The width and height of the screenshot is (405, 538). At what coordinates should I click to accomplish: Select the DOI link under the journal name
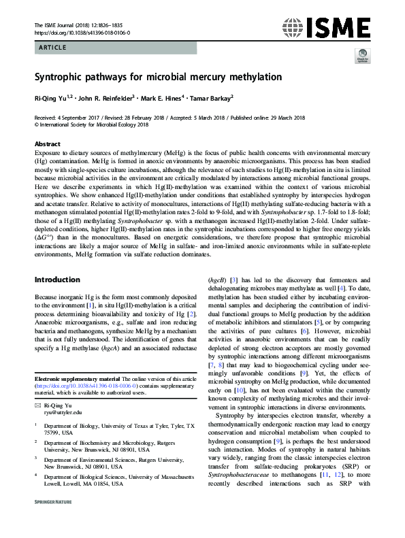(82, 32)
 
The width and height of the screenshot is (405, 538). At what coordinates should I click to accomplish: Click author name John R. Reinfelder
(101, 98)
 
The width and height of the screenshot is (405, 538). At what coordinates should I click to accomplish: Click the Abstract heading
(47, 145)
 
